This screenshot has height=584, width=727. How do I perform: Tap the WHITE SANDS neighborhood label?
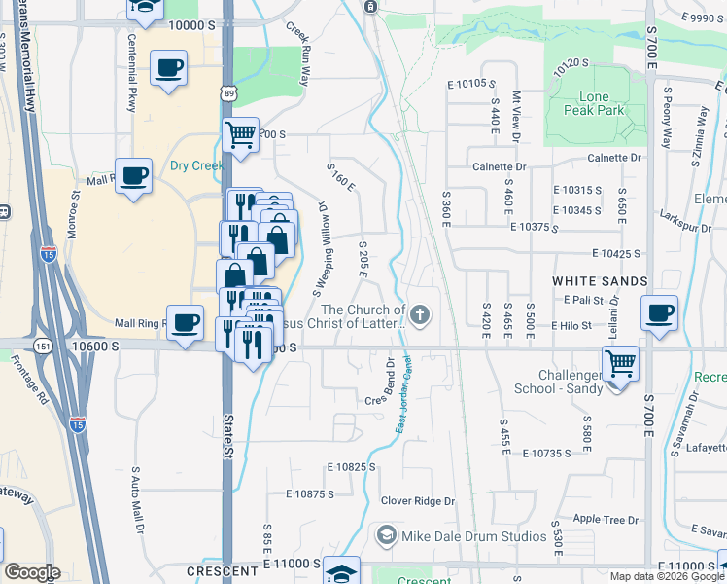(x=600, y=281)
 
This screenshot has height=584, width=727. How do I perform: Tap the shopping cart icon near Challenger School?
(x=620, y=365)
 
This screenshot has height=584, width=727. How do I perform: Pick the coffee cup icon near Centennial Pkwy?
(x=169, y=69)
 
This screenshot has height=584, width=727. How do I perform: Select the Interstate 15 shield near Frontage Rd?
(x=77, y=424)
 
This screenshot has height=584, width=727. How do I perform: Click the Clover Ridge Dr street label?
(x=418, y=501)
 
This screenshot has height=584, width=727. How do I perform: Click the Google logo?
(x=32, y=573)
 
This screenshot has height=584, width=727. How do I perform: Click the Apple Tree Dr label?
(x=605, y=520)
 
